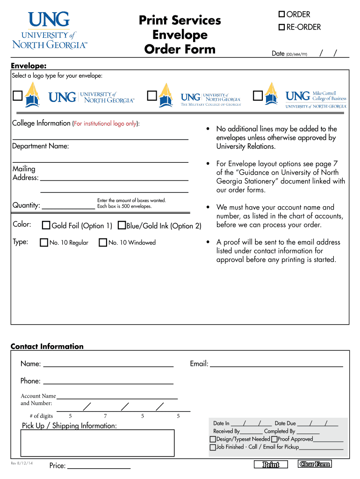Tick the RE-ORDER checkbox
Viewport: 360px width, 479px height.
[282, 28]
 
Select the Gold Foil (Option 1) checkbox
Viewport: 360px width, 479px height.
[46, 225]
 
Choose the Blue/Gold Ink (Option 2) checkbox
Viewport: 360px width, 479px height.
[122, 225]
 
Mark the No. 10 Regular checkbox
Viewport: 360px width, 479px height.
[44, 242]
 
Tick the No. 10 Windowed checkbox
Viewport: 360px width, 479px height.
[103, 242]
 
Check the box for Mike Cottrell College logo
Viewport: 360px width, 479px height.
[258, 96]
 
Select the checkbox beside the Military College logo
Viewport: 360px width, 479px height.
[152, 96]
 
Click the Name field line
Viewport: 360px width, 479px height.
[108, 363]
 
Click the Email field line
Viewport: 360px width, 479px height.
[276, 363]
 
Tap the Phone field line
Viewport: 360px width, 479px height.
[108, 381]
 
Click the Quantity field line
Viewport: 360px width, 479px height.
[68, 205]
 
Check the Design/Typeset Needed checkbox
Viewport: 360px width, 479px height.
[213, 439]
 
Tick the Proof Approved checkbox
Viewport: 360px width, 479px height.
[274, 439]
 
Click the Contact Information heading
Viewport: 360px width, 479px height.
[47, 347]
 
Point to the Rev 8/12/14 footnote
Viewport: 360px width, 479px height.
[22, 463]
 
